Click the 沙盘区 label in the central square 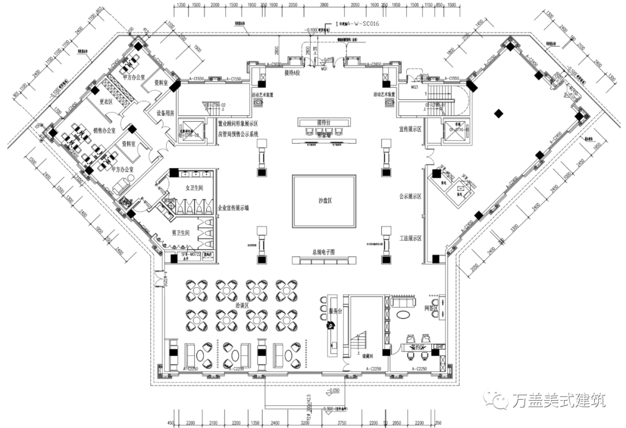click(x=325, y=201)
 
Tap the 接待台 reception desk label click(x=325, y=122)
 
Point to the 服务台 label click(x=336, y=311)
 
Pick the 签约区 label click(x=417, y=346)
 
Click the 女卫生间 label click(x=193, y=188)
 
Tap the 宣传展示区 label click(x=410, y=128)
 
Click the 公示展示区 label click(x=410, y=197)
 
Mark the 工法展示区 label click(x=410, y=238)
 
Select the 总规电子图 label click(x=325, y=252)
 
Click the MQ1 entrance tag click(x=324, y=69)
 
